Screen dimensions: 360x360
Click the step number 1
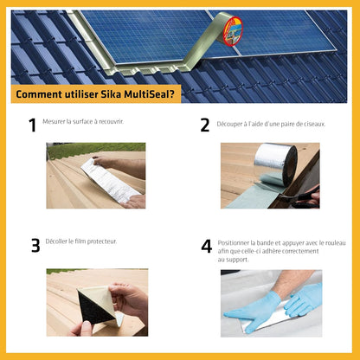33,125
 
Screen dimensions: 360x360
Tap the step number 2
205,125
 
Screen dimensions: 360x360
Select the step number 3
35,246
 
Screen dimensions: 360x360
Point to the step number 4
206,246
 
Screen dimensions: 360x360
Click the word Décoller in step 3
58,241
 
